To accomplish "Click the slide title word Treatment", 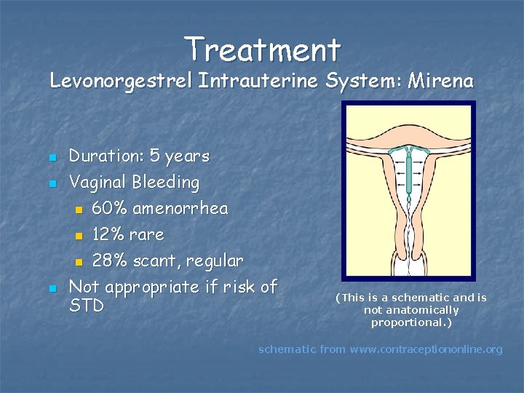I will tap(262, 49).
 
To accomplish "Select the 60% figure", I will tap(109, 209).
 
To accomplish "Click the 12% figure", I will tap(108, 235).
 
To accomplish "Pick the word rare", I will tap(147, 235).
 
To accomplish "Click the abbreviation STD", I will tap(86, 306).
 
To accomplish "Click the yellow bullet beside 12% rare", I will tap(79, 236).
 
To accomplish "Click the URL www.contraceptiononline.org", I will tap(426, 349).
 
